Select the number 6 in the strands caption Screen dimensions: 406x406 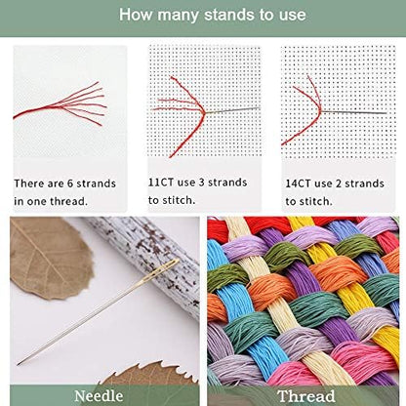click(69, 182)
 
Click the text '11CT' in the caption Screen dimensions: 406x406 click(164, 182)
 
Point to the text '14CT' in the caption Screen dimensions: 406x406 click(299, 182)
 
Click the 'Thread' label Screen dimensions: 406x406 click(304, 395)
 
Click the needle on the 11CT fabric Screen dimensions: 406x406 click(239, 108)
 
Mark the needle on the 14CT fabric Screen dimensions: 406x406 click(361, 107)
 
